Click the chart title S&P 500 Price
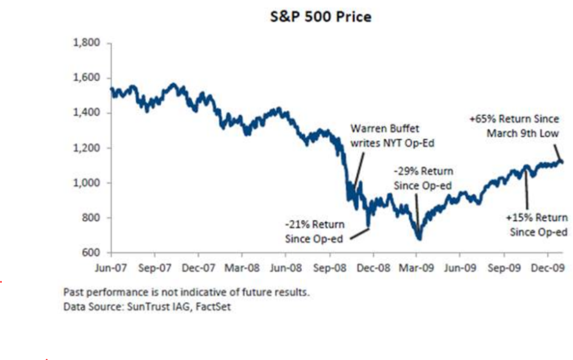click(320, 17)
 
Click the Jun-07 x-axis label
click(111, 268)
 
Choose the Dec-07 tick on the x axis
click(198, 268)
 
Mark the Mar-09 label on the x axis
click(416, 268)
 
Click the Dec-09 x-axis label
click(547, 268)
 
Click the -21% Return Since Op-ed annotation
click(315, 232)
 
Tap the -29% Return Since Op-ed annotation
click(423, 178)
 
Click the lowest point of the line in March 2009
click(419, 239)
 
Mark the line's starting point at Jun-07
click(111, 89)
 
